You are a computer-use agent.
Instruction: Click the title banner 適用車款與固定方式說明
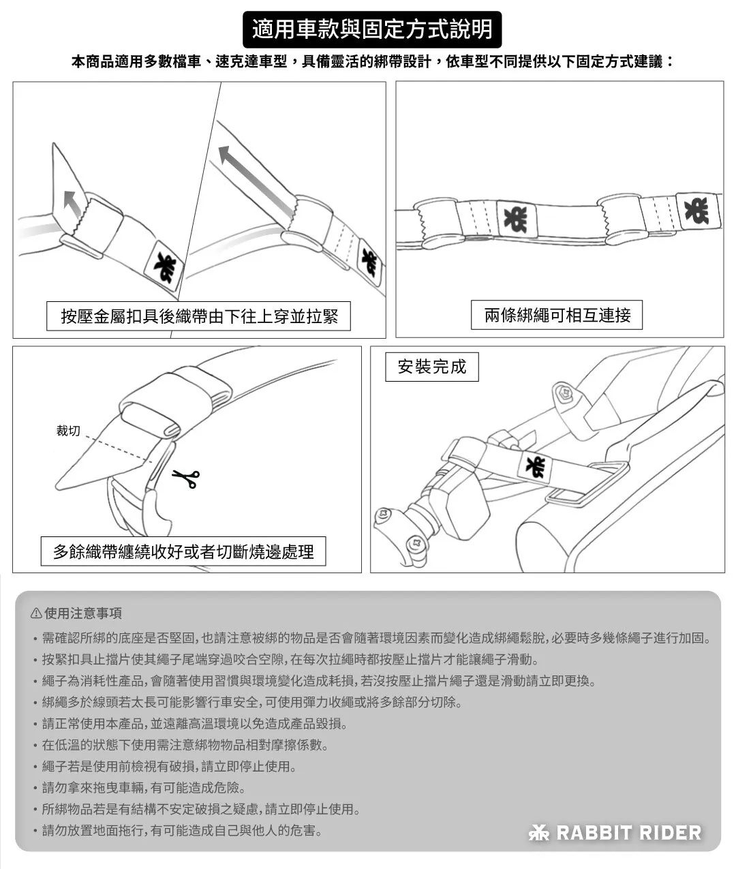[372, 29]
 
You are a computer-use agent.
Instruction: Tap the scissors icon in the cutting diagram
[186, 478]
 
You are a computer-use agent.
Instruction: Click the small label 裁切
[68, 431]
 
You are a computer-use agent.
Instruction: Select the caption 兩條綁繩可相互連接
[557, 315]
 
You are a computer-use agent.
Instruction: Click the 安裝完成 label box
[431, 367]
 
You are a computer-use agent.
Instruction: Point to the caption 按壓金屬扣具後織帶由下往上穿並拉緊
[198, 316]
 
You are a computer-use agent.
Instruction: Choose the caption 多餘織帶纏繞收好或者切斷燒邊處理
[183, 551]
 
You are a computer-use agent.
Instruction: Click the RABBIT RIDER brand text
[628, 832]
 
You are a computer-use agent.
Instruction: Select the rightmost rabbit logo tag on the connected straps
[696, 211]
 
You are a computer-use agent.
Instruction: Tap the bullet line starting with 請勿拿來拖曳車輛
[144, 788]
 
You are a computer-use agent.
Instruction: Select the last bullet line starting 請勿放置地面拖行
[182, 830]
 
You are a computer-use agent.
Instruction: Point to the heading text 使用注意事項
[83, 613]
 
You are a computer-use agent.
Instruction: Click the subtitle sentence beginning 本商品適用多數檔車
[372, 62]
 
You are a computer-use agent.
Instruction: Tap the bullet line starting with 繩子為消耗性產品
[319, 681]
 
